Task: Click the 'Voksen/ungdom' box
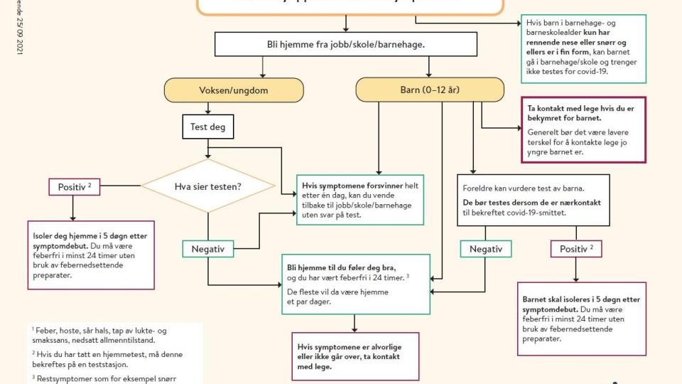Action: (234, 90)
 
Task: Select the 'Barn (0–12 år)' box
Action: (430, 90)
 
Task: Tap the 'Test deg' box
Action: (207, 127)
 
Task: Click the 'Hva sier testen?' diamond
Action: (207, 186)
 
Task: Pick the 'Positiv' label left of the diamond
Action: (73, 187)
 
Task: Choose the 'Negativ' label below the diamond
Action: (207, 249)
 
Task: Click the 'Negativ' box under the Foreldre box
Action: (486, 249)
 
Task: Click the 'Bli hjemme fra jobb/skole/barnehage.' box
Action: (345, 44)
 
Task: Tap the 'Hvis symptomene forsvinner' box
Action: (360, 199)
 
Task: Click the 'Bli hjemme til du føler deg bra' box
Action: (354, 284)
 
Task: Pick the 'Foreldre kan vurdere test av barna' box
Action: (533, 200)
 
